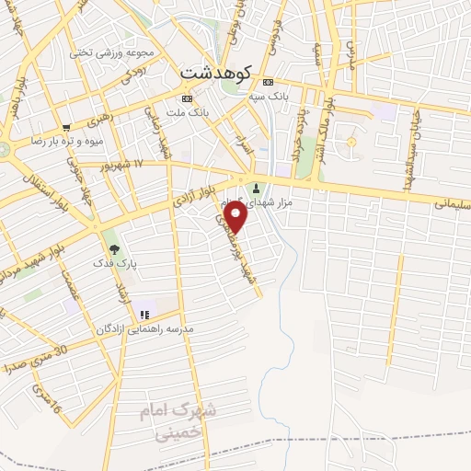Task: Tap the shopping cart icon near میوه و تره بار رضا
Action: coord(66,128)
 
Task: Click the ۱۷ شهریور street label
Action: coord(125,164)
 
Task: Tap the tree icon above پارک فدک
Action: coord(114,248)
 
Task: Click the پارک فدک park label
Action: coord(114,263)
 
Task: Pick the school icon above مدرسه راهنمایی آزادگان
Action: coord(144,316)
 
